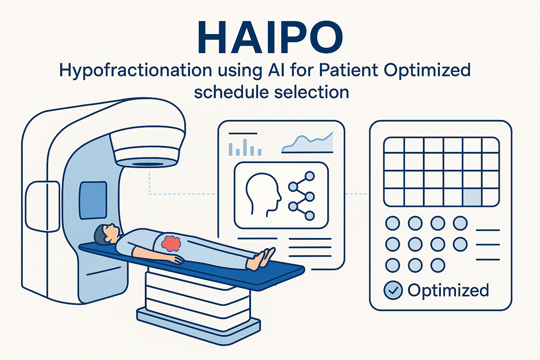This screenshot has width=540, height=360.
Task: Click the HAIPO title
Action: click(x=270, y=37)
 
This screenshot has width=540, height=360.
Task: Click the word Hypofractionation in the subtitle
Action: click(x=135, y=71)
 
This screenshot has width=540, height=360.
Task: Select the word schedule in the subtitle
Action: click(x=231, y=92)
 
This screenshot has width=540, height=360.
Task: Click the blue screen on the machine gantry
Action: click(x=93, y=200)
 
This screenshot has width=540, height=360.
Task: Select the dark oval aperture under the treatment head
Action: click(x=147, y=164)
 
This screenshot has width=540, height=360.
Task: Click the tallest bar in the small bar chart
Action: click(x=245, y=147)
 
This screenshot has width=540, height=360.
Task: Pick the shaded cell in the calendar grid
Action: click(x=472, y=197)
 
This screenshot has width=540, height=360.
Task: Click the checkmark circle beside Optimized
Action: click(x=393, y=290)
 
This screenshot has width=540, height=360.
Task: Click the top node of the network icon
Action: click(x=309, y=176)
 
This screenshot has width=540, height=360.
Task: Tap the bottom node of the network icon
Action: click(x=309, y=216)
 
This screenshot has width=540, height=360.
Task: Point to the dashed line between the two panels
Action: click(x=356, y=194)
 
